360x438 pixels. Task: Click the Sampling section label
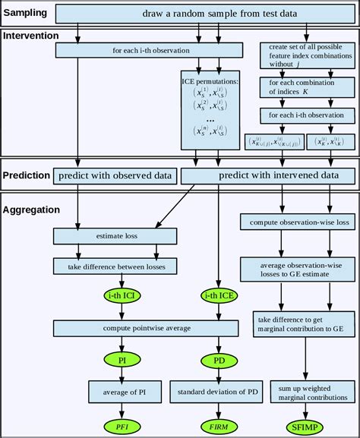(x=25, y=14)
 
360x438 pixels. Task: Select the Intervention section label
(x=31, y=35)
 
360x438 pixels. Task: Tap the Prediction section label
(x=27, y=175)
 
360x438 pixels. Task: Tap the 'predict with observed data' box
(x=114, y=175)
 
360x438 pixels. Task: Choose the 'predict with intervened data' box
(x=267, y=175)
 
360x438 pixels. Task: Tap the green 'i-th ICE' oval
(x=218, y=295)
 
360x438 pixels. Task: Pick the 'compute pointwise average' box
(x=148, y=328)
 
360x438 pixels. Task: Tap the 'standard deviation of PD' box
(x=218, y=392)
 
